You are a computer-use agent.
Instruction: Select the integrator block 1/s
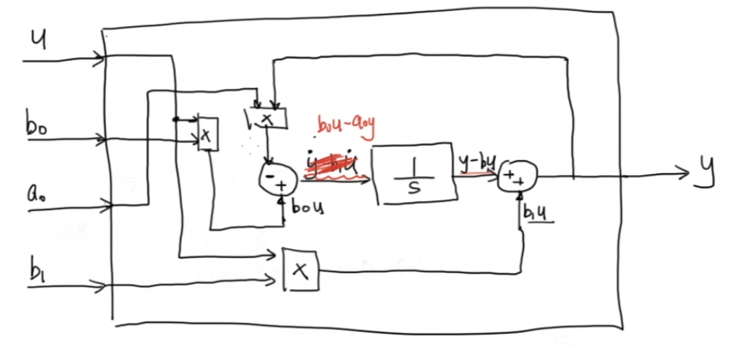pos(414,174)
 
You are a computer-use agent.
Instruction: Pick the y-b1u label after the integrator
pos(477,162)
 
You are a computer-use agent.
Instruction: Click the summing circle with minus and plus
pos(277,180)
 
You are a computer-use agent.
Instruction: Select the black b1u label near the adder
pos(536,215)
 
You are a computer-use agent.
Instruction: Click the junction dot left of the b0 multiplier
pos(175,119)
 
